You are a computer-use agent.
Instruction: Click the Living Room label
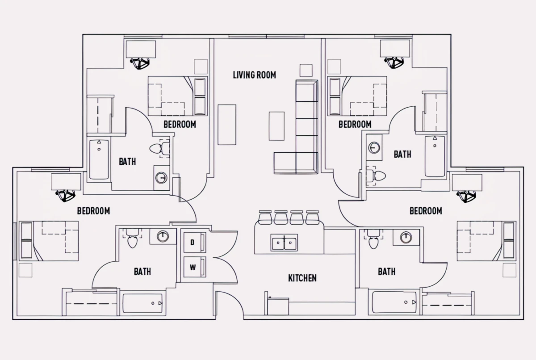click(x=254, y=75)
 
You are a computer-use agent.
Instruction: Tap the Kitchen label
click(x=302, y=278)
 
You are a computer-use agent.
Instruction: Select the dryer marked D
click(x=195, y=243)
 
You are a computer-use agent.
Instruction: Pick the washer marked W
click(x=195, y=267)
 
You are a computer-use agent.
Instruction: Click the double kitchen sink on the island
click(x=284, y=243)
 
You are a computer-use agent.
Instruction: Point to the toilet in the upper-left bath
click(x=159, y=149)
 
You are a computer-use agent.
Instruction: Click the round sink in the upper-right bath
click(x=374, y=147)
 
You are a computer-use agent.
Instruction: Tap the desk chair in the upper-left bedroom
click(x=140, y=63)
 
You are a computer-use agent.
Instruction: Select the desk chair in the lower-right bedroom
click(x=466, y=196)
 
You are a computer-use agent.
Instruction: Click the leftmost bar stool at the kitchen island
click(x=265, y=218)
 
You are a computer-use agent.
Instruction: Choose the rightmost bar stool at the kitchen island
click(x=313, y=218)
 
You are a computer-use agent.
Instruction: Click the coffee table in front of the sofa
click(x=276, y=126)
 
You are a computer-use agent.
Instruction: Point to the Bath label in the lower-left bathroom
click(x=142, y=272)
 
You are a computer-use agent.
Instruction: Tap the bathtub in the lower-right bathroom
click(x=394, y=302)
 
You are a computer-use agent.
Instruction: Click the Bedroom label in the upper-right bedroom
click(x=355, y=124)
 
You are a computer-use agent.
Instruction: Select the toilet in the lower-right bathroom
click(x=373, y=239)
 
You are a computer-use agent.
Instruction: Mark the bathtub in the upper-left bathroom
click(x=99, y=159)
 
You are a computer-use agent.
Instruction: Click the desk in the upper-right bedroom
click(x=395, y=49)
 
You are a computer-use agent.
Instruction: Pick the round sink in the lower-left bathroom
click(x=163, y=237)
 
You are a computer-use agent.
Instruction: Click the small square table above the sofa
click(x=306, y=70)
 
